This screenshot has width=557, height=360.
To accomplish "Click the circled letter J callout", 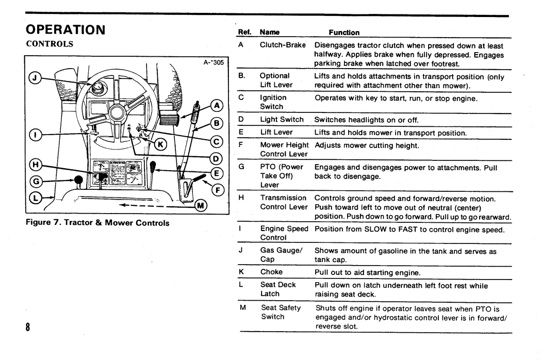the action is coord(35,78).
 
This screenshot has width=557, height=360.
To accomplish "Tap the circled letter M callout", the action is coord(201,205).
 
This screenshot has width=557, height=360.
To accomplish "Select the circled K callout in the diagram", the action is coord(160,144).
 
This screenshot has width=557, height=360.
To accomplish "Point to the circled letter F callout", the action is coord(218,190).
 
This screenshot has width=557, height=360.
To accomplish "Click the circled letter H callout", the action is coord(35,165).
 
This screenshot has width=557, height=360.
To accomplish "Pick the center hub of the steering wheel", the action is coord(116,113).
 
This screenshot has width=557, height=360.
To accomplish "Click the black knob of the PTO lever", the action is coord(78,180).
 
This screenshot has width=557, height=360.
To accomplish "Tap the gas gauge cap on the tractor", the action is coord(97,88).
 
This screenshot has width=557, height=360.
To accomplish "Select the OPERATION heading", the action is coord(65,30).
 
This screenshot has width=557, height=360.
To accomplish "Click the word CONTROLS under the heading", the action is coord(50,44).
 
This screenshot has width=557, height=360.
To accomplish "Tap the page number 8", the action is coord(28,326).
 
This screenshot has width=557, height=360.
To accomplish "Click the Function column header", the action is coord(344,32).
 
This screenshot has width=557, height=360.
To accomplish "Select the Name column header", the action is coord(270,32).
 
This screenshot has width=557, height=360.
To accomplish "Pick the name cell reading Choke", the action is coord(271,272).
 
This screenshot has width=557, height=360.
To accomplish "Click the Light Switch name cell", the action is coord(282,120).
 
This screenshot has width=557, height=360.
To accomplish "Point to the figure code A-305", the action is coord(214,62).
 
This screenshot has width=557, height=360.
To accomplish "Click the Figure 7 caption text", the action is coord(97,223).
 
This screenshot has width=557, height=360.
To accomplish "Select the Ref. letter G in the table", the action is coord(241,166).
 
